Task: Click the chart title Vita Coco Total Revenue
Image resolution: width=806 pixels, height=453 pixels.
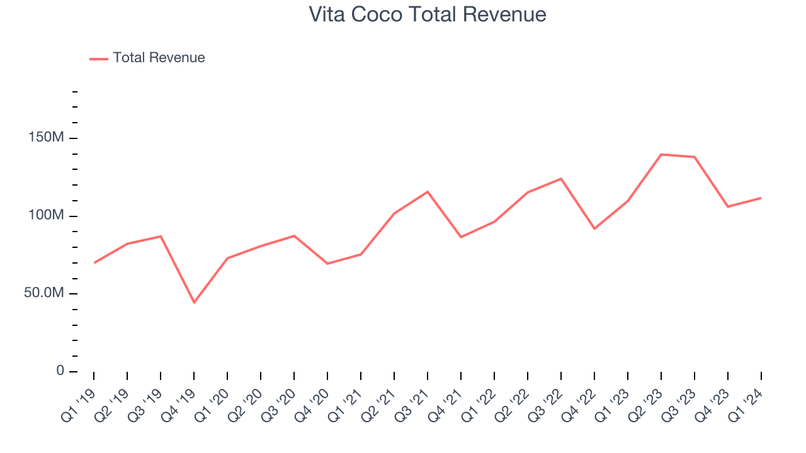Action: [428, 14]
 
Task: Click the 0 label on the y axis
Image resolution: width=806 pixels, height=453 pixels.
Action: [60, 371]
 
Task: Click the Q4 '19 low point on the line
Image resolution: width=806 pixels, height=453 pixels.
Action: [194, 302]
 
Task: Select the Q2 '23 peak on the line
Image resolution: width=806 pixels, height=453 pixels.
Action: [661, 154]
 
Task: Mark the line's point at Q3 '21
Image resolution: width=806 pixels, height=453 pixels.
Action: [428, 192]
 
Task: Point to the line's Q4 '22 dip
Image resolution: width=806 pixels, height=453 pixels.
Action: [594, 228]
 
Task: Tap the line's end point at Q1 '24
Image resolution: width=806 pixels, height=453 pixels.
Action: [761, 198]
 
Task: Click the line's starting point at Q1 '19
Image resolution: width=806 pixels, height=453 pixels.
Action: [94, 262]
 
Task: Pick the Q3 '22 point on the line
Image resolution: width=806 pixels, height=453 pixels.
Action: [561, 179]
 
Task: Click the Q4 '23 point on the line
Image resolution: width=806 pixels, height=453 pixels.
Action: [728, 206]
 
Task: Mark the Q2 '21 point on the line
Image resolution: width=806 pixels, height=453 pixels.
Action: [394, 213]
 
